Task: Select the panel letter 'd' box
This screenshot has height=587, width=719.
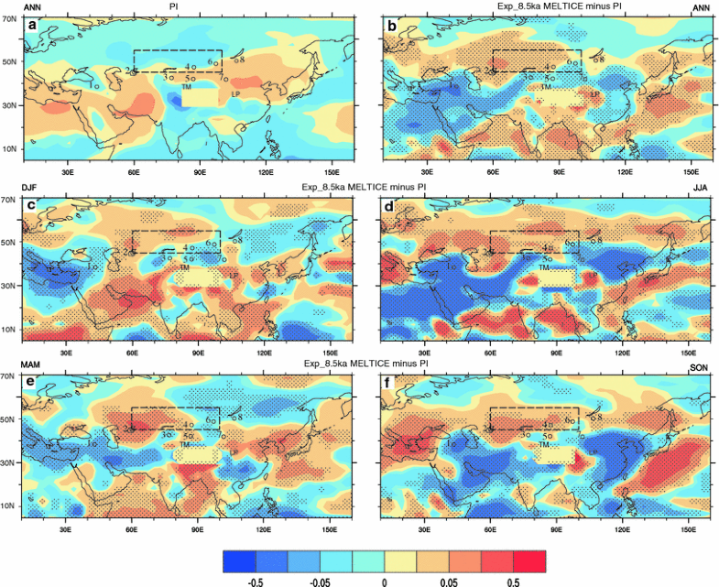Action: pyautogui.click(x=392, y=205)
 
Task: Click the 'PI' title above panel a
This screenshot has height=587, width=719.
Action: pyautogui.click(x=174, y=5)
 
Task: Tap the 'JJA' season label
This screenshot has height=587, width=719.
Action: pyautogui.click(x=698, y=186)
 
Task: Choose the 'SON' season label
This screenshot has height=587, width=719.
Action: pyautogui.click(x=698, y=366)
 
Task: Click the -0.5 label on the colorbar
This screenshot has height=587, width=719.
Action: pyautogui.click(x=257, y=581)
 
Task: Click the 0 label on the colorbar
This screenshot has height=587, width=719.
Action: pyautogui.click(x=385, y=581)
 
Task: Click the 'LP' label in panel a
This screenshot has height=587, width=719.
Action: pyautogui.click(x=234, y=93)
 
